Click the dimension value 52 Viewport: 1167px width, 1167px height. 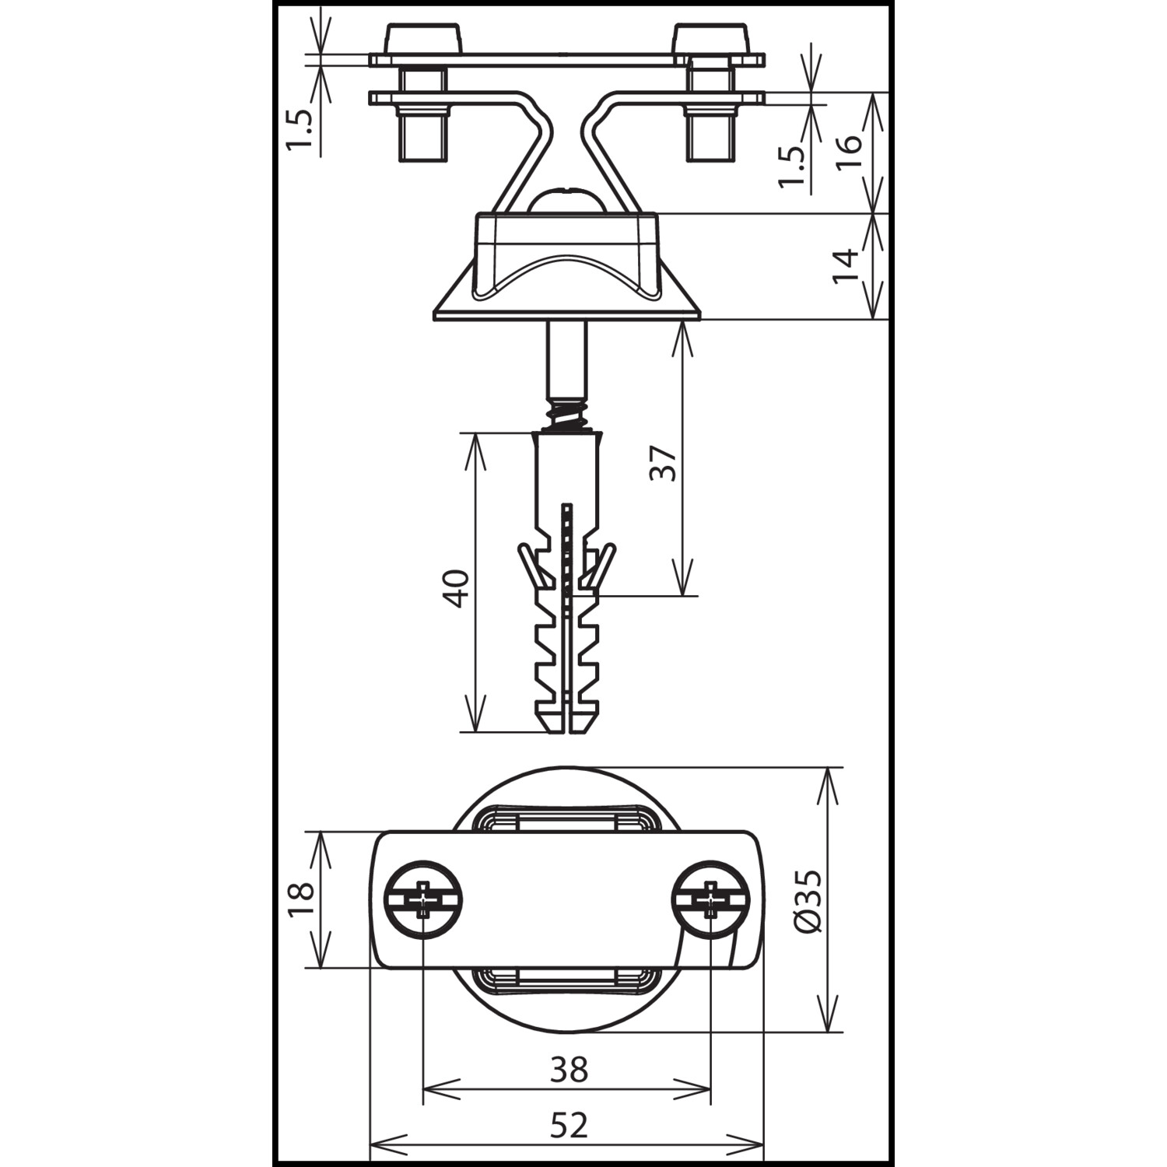click(569, 1125)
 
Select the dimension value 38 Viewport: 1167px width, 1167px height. click(569, 1071)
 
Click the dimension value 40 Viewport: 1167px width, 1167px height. click(456, 588)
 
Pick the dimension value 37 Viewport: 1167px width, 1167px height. click(664, 464)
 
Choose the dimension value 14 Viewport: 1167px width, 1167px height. click(846, 266)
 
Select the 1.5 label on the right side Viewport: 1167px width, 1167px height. click(791, 166)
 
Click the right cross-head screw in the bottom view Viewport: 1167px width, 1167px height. click(711, 899)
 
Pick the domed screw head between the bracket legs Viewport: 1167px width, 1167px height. click(568, 199)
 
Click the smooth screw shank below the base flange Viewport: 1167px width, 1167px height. click(567, 359)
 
